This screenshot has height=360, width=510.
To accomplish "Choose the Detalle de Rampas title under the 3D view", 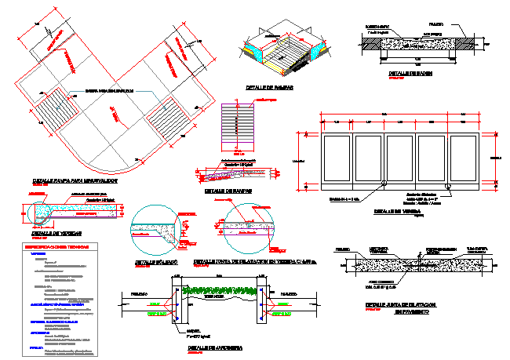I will pyautogui.click(x=269, y=89).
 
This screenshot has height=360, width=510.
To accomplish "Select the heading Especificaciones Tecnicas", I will pyautogui.click(x=56, y=246).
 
